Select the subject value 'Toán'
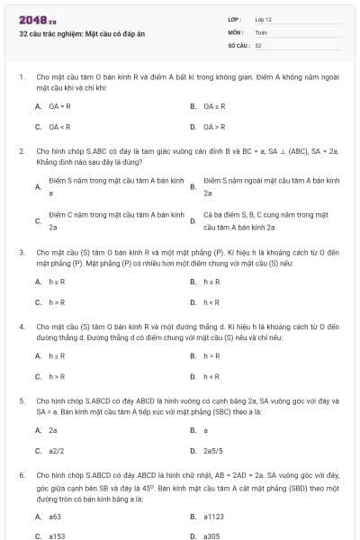(261, 31)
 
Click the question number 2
(21, 151)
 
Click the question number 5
(21, 398)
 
